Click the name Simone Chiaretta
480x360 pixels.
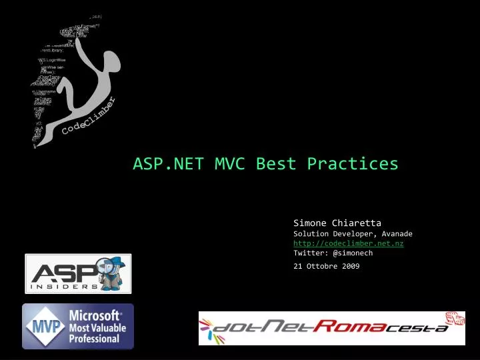(337, 223)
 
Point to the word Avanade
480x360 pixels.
(397, 234)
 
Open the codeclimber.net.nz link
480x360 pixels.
(348, 243)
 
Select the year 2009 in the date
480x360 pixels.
(350, 266)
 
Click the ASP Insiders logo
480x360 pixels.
(78, 273)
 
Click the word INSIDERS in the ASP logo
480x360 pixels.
(64, 287)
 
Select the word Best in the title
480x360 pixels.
(276, 163)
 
